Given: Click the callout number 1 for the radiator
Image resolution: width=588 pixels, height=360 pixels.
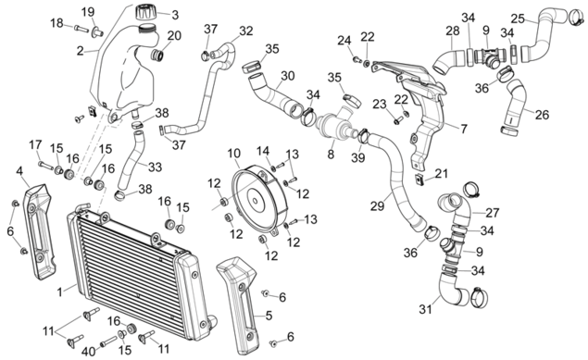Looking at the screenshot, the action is pyautogui.click(x=60, y=292).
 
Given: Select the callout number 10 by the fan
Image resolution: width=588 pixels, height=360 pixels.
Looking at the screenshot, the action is pyautogui.click(x=233, y=154).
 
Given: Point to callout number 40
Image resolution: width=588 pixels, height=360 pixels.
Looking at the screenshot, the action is pyautogui.click(x=89, y=352).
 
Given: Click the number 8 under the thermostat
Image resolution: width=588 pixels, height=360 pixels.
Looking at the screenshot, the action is pyautogui.click(x=331, y=154).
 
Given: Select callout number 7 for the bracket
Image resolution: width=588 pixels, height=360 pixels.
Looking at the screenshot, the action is pyautogui.click(x=464, y=130).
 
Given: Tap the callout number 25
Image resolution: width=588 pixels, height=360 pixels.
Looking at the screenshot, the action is pyautogui.click(x=518, y=19).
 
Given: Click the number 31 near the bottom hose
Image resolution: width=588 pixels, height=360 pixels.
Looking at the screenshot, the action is pyautogui.click(x=425, y=309).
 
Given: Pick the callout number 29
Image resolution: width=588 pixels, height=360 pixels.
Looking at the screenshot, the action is pyautogui.click(x=377, y=205).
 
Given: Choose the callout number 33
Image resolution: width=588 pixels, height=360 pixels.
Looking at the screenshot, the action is pyautogui.click(x=155, y=168).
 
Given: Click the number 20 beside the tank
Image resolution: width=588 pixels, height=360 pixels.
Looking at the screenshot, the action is pyautogui.click(x=174, y=36).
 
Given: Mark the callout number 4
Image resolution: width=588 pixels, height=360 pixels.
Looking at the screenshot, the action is pyautogui.click(x=19, y=171).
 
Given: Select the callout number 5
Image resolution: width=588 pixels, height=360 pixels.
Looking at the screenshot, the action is pyautogui.click(x=269, y=316).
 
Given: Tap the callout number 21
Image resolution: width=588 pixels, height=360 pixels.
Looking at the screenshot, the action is pyautogui.click(x=442, y=173).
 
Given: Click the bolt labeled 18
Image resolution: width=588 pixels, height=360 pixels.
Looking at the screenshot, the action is pyautogui.click(x=81, y=28).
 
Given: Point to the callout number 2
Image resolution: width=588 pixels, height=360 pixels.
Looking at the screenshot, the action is pyautogui.click(x=80, y=51).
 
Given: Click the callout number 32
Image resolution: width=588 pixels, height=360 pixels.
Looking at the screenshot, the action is pyautogui.click(x=246, y=31).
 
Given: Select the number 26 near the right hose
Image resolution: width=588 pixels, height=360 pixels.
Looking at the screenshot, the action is pyautogui.click(x=542, y=115).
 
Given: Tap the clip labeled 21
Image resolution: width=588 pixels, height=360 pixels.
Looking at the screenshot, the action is pyautogui.click(x=419, y=179).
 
